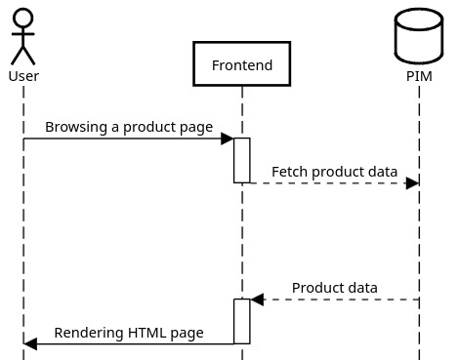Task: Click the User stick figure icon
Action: coord(23,37)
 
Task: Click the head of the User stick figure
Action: coord(23,18)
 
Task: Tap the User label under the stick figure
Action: coord(23,76)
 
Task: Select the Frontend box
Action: coord(241,65)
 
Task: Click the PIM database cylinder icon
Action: coord(419,36)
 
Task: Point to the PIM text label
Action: coord(419,76)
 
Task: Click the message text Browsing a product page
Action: coord(128,127)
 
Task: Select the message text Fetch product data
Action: coord(334,172)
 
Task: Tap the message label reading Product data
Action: coord(334,288)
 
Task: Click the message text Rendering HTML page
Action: coord(128,333)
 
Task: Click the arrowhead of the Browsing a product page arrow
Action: coord(227,139)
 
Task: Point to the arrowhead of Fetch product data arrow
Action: coord(412,182)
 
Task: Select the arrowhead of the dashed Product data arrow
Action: coord(258,300)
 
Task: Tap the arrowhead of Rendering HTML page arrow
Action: coord(30,343)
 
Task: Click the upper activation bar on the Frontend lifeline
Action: coord(242,160)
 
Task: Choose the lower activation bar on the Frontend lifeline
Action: coord(242,321)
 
